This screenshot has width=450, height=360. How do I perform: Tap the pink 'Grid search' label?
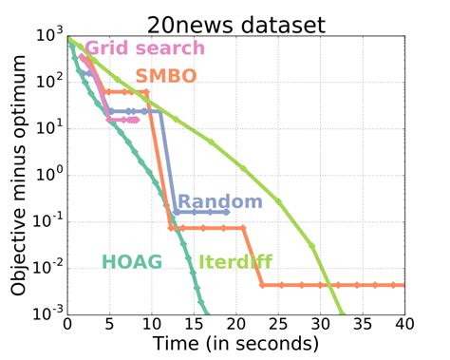pyautogui.click(x=144, y=48)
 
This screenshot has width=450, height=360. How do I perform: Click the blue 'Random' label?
pyautogui.click(x=219, y=201)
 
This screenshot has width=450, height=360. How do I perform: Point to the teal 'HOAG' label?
pyautogui.click(x=132, y=260)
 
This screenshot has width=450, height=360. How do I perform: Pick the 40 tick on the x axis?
pyautogui.click(x=405, y=324)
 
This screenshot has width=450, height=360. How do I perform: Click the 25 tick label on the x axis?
pyautogui.click(x=278, y=324)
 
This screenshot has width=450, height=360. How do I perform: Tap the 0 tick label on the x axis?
pyautogui.click(x=67, y=324)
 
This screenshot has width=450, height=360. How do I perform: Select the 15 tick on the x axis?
pyautogui.click(x=194, y=324)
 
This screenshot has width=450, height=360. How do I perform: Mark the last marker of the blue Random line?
pyautogui.click(x=227, y=212)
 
